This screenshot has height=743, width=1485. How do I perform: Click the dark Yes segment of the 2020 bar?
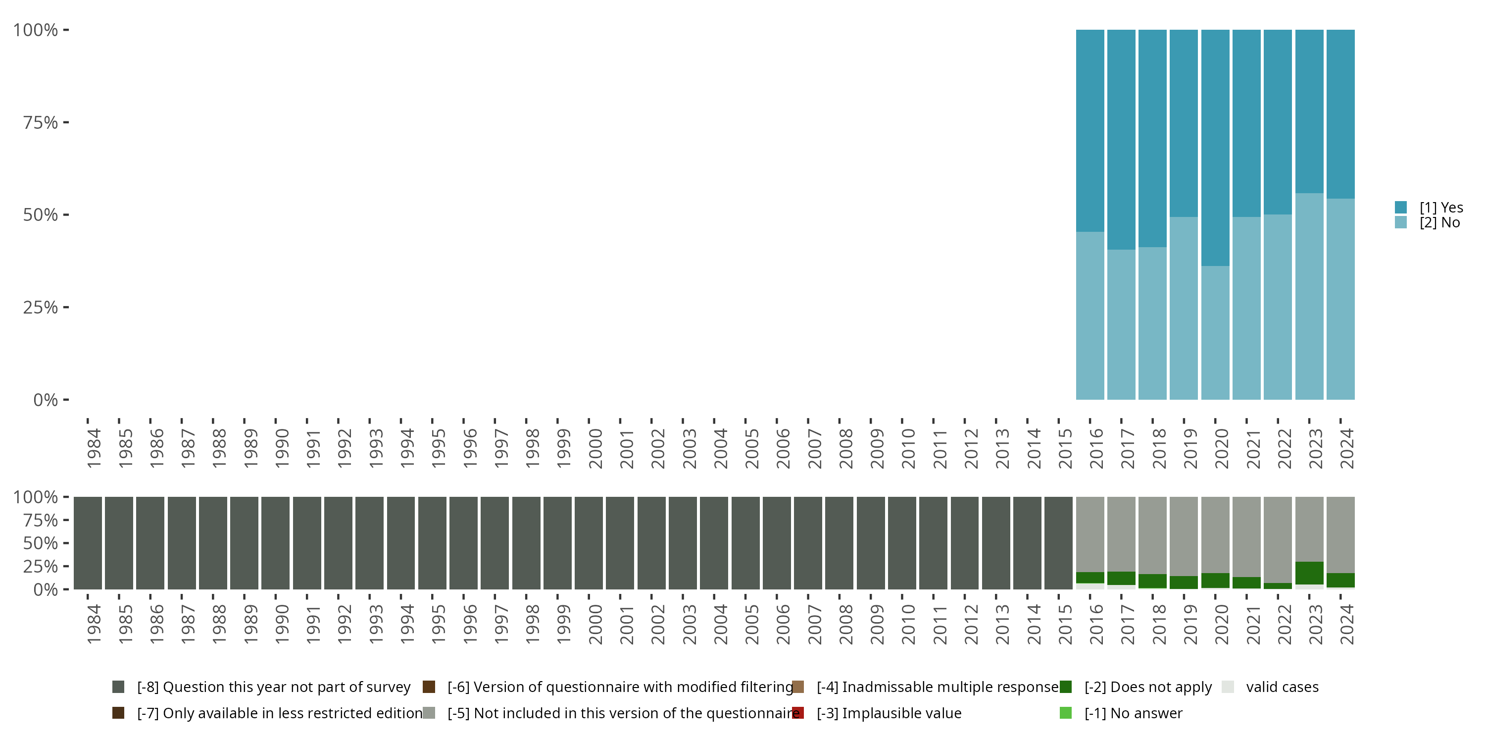[1215, 147]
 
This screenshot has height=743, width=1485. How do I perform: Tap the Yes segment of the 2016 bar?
[1090, 130]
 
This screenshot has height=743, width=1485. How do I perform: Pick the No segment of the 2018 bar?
[1152, 323]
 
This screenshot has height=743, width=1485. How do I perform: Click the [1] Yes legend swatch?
[1401, 207]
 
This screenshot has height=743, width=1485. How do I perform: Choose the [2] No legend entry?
[1439, 223]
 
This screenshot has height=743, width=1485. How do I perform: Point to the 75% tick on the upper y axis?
[41, 122]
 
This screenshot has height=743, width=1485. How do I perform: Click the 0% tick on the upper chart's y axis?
[46, 400]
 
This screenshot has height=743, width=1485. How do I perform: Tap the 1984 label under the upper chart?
[94, 448]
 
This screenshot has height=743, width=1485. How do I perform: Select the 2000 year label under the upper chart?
[595, 448]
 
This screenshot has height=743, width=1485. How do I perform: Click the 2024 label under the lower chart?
[1346, 625]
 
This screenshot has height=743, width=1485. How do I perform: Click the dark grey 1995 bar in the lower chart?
[432, 543]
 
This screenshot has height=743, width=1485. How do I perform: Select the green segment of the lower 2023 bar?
[1309, 573]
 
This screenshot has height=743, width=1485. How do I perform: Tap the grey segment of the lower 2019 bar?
[1184, 536]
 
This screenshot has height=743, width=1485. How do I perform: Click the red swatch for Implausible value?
[798, 713]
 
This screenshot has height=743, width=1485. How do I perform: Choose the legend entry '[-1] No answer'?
[1133, 713]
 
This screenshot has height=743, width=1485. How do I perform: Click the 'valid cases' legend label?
[1282, 687]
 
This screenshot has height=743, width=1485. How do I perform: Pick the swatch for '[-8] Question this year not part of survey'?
[118, 687]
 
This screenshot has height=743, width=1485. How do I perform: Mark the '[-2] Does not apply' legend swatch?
[1065, 687]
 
